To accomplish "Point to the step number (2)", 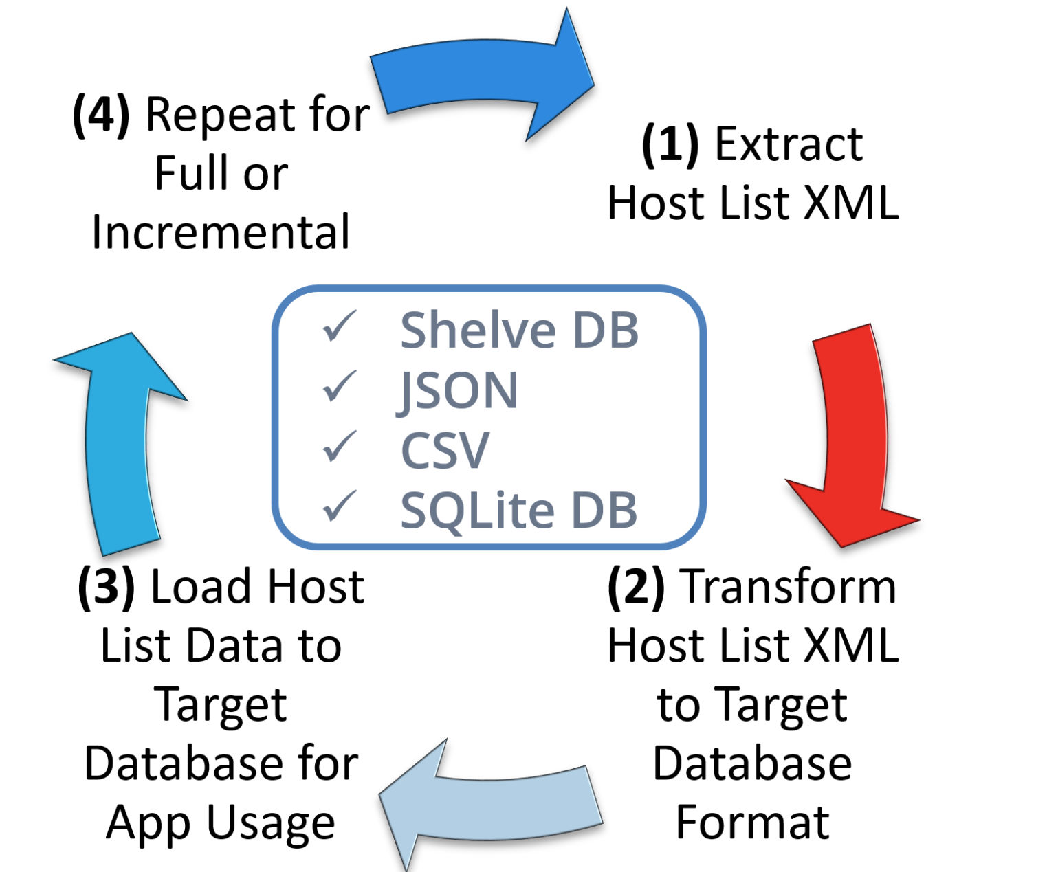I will [636, 588].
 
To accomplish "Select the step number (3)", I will [107, 588].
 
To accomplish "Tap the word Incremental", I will [221, 232].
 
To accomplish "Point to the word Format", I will [752, 823].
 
